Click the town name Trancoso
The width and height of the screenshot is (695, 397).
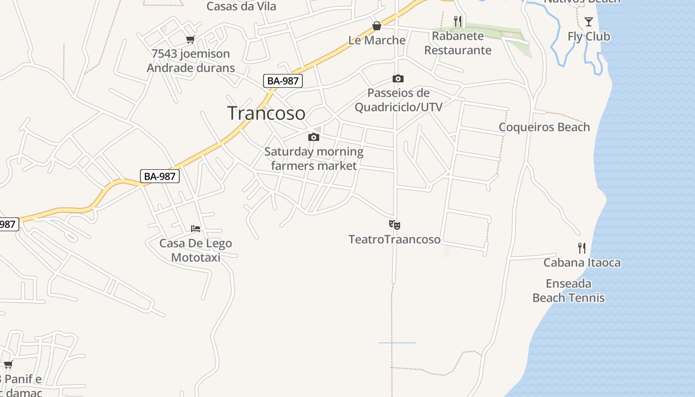(266, 113)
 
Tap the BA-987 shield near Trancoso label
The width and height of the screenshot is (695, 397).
(282, 81)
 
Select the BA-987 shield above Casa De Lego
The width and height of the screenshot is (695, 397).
(159, 176)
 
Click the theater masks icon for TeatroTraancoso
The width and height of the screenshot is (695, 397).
(395, 225)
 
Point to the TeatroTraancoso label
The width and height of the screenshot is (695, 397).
(395, 239)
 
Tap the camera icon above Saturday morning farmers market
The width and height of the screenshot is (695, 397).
(314, 137)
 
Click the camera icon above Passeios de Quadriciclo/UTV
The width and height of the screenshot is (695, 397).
(398, 78)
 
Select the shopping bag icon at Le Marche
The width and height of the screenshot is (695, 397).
(377, 26)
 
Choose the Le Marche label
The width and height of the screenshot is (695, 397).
(377, 40)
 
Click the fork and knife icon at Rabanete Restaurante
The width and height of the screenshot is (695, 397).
(458, 21)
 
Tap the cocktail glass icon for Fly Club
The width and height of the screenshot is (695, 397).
(589, 21)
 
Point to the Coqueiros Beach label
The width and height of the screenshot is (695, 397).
(544, 127)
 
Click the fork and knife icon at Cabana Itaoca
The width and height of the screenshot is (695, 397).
(582, 248)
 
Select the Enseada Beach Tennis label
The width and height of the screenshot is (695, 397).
(568, 291)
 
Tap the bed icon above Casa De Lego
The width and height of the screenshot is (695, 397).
(196, 229)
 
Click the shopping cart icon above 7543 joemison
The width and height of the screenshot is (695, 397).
(190, 39)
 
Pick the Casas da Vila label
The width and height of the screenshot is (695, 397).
(241, 6)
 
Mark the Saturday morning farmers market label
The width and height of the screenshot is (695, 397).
(314, 158)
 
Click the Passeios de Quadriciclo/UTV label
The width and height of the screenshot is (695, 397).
(398, 100)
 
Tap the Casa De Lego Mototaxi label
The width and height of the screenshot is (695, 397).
(196, 250)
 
